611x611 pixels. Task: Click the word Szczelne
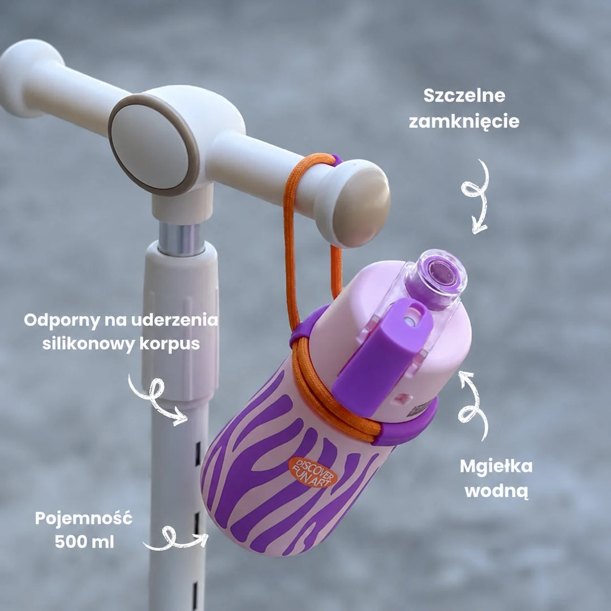(464, 96)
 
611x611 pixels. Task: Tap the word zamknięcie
(464, 122)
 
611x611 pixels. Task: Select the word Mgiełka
(496, 467)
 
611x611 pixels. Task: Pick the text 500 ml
(84, 542)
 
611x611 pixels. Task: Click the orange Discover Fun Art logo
(312, 472)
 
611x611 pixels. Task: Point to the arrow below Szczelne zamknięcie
(476, 196)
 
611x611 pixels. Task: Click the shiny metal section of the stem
(182, 239)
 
